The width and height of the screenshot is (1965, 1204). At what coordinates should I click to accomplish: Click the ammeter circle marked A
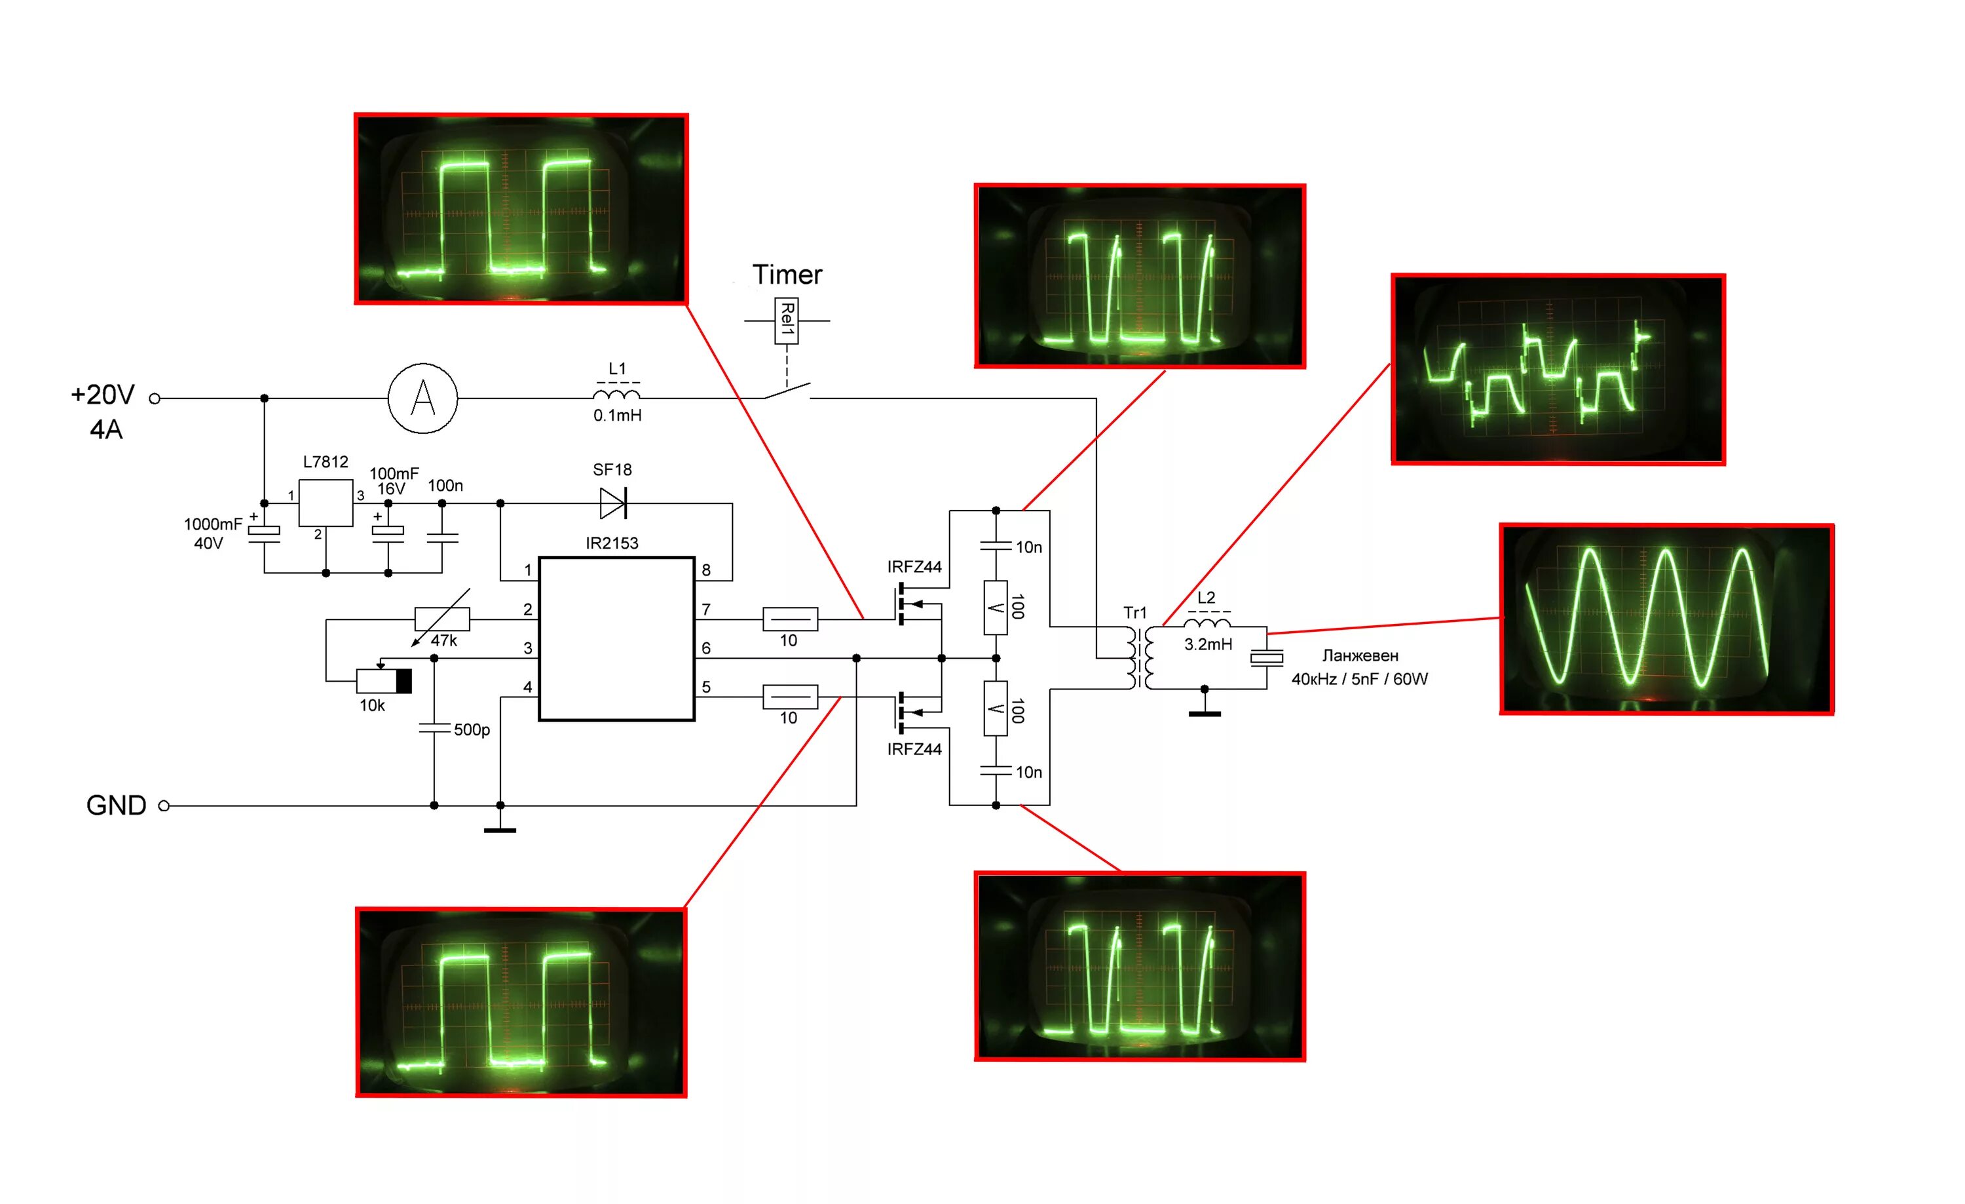422,398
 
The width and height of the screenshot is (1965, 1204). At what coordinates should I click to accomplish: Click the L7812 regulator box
326,503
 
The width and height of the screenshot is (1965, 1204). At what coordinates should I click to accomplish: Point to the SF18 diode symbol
613,503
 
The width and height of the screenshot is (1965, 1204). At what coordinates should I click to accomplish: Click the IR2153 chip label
612,543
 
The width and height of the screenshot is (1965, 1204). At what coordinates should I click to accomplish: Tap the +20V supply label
103,394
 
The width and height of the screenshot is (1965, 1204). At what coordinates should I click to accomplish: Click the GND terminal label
117,805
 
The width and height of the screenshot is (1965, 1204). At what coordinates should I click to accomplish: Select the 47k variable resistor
443,618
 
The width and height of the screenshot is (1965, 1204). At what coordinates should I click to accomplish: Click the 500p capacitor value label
472,729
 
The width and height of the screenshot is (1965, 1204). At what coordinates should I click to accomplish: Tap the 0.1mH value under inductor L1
617,415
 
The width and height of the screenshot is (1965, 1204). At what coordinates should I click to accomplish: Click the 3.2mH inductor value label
1207,644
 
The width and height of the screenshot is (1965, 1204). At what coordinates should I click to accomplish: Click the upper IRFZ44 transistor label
914,566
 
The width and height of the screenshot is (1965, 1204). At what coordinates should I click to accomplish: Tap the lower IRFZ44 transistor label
914,749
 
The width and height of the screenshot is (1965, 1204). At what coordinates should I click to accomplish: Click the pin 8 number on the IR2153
706,570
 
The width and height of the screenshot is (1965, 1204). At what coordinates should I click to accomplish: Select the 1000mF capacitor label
212,524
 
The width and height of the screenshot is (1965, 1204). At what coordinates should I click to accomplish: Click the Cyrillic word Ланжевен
1360,655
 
